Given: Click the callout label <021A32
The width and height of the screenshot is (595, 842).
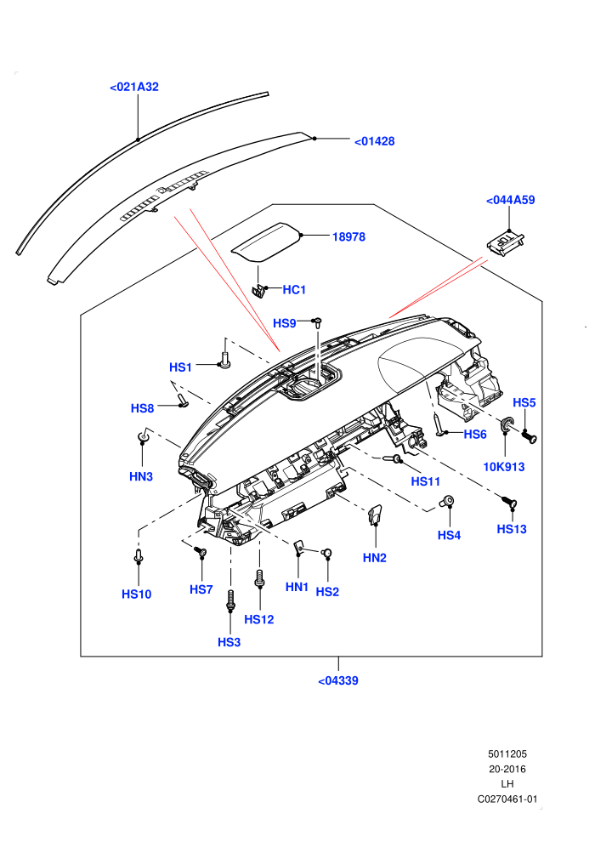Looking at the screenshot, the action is tap(134, 87).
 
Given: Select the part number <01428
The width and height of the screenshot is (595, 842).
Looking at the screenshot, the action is tap(375, 141).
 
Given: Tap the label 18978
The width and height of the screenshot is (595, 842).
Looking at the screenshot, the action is tap(348, 236).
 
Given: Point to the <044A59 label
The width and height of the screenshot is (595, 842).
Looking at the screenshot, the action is tap(510, 200).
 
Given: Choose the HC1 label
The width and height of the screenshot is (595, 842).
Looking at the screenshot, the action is tap(294, 290).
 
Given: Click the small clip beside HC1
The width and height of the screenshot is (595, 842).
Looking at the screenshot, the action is tap(259, 291).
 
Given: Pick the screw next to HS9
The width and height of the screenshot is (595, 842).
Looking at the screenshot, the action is tap(318, 322).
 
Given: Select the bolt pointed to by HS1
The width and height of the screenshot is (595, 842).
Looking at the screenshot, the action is tap(224, 361).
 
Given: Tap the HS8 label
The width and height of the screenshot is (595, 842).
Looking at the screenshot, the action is tap(142, 408).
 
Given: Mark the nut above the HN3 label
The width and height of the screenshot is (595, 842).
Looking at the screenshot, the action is tap(143, 436).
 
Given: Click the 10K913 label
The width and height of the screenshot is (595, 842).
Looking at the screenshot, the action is tap(504, 467).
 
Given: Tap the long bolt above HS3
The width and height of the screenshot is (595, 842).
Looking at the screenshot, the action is tap(230, 600).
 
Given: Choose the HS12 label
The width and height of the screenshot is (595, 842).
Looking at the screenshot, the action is tap(259, 620).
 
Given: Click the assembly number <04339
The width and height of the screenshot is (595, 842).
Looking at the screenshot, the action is tap(338, 681).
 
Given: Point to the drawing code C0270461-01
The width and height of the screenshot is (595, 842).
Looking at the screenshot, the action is tap(507, 799).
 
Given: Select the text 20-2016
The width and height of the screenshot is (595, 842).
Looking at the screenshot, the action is tap(507, 769).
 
